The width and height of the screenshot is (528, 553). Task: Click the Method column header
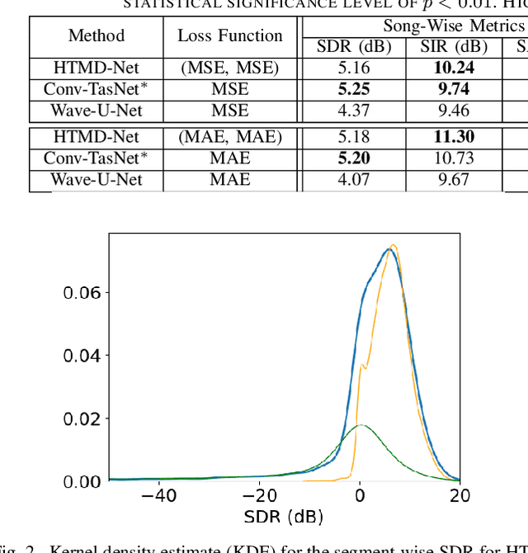pyautogui.click(x=97, y=36)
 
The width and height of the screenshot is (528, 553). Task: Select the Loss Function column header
pyautogui.click(x=230, y=36)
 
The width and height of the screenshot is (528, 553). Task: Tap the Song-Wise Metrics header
pyautogui.click(x=453, y=26)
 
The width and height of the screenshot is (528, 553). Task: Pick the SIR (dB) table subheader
pyautogui.click(x=453, y=47)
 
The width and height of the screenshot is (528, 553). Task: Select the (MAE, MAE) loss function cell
pyautogui.click(x=230, y=137)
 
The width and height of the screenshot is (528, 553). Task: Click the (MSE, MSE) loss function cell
pyautogui.click(x=230, y=69)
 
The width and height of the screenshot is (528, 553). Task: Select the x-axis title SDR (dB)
pyautogui.click(x=284, y=518)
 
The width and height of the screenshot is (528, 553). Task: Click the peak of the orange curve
pyautogui.click(x=394, y=244)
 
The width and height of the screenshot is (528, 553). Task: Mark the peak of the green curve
pyautogui.click(x=360, y=425)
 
